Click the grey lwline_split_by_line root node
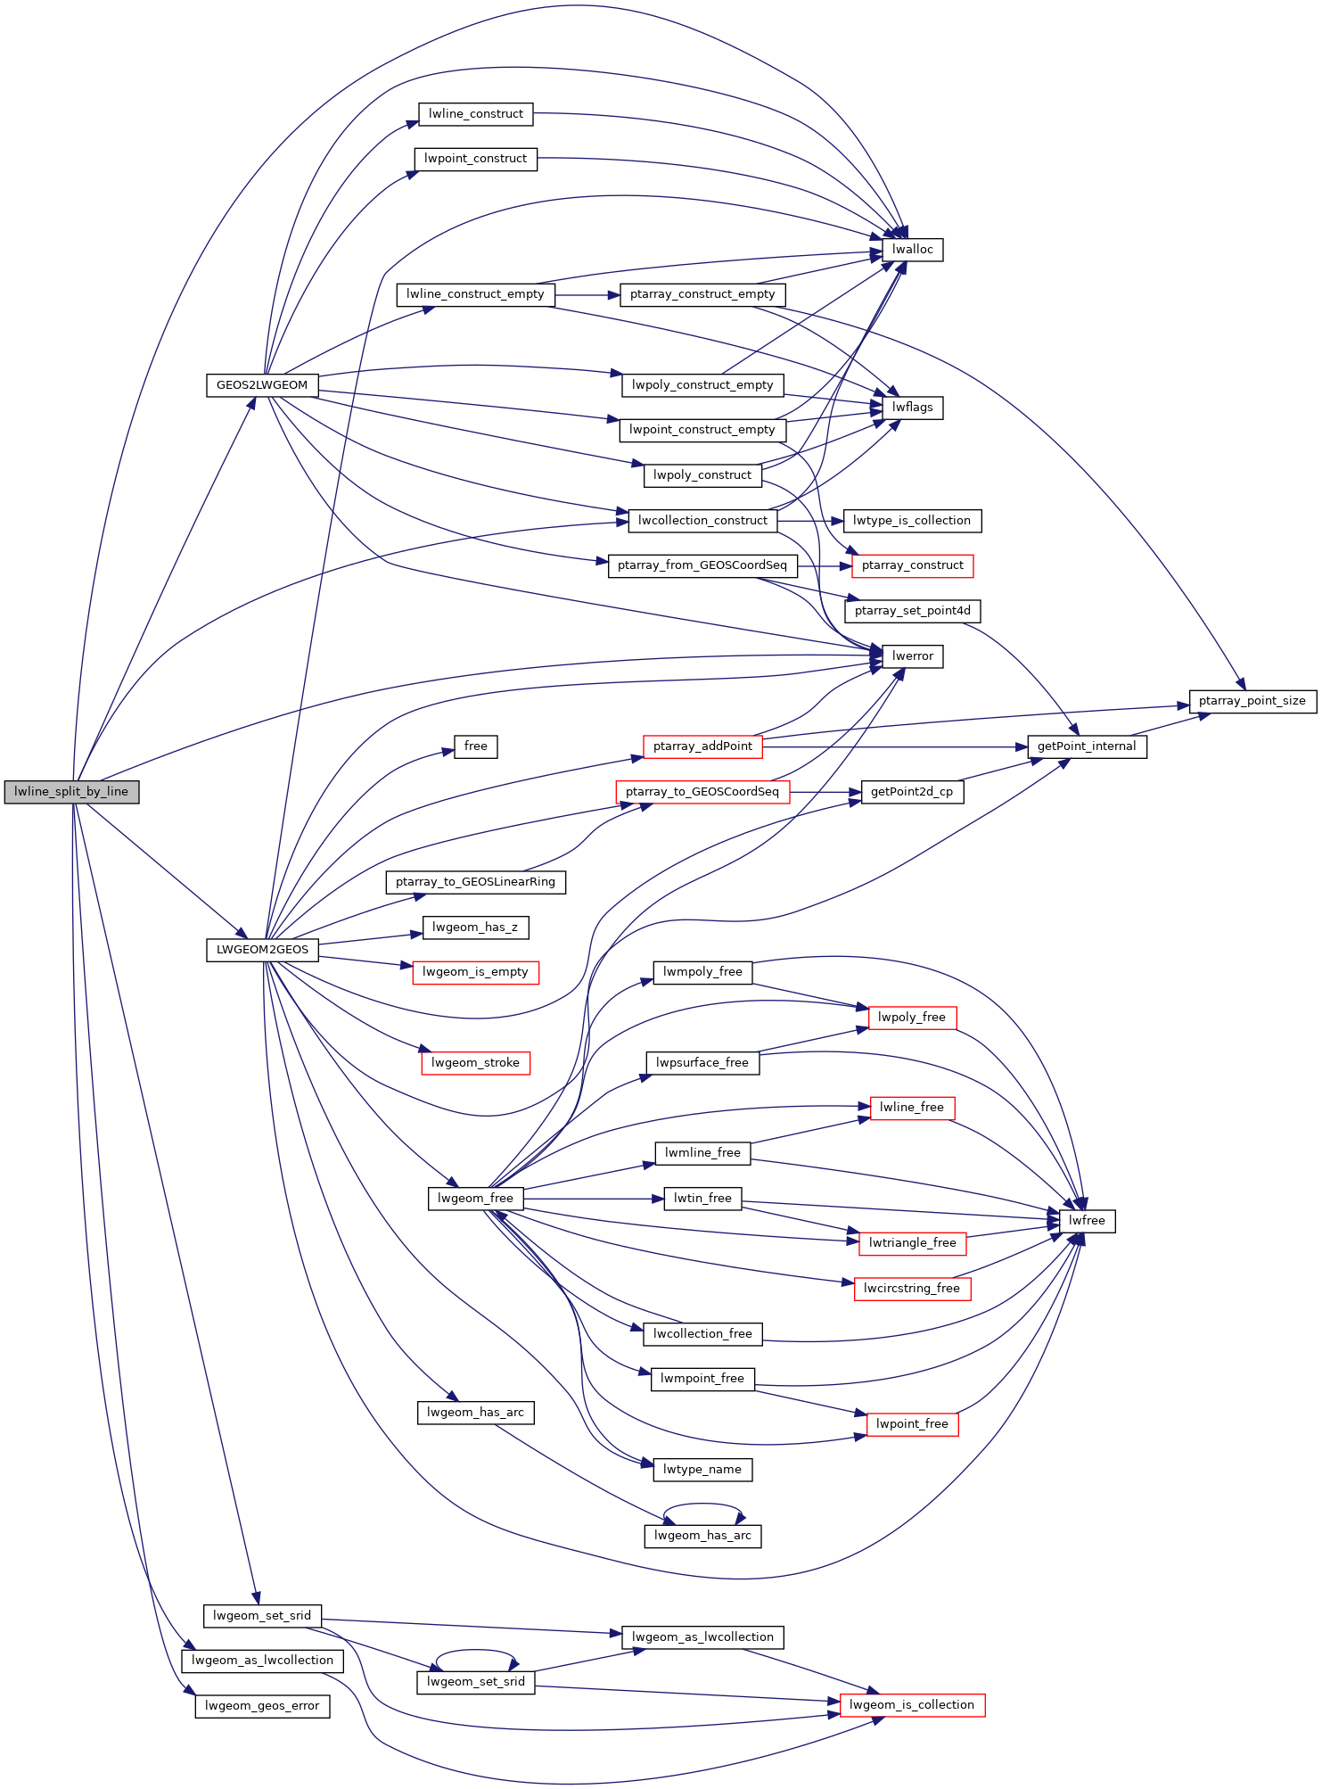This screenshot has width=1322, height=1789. coord(71,792)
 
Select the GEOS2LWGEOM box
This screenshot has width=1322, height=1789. coord(262,385)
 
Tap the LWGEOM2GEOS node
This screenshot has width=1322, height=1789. coord(262,950)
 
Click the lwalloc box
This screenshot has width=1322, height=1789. coord(912,250)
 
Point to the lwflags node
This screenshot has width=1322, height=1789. coord(912,408)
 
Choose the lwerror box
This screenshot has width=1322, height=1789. coord(912,656)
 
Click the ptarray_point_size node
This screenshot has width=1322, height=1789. coord(1252,701)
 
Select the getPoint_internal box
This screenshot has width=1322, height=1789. coord(1087,746)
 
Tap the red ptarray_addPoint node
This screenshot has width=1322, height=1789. coord(702,746)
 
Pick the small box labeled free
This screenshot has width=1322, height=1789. coord(475,746)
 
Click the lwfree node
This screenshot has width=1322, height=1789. coord(1087,1221)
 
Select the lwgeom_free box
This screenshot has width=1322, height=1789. coord(475,1199)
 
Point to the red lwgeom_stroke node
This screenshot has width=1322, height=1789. coord(475,1063)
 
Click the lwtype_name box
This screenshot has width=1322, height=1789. coord(702,1470)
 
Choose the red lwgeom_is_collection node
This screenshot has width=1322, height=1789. coord(912,1705)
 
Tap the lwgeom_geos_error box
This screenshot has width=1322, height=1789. coord(262,1706)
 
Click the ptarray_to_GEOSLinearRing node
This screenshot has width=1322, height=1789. coord(475,882)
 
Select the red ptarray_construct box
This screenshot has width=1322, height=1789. coord(912,565)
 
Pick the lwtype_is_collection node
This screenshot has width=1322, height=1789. coord(912,521)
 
